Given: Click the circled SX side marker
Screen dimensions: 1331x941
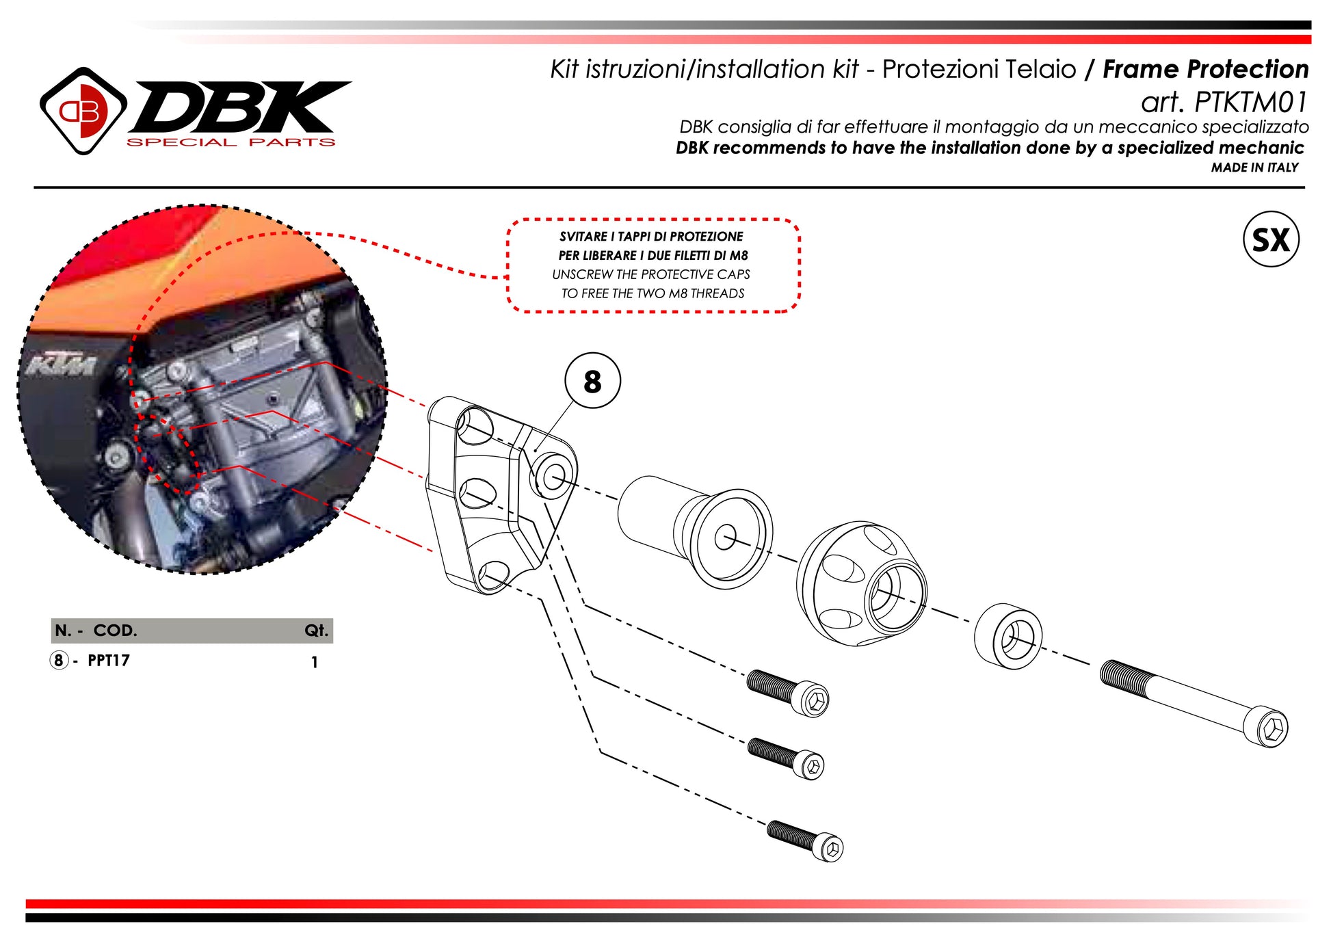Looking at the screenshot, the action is (x=1270, y=239).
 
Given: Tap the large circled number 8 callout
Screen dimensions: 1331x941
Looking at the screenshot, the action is (x=592, y=380).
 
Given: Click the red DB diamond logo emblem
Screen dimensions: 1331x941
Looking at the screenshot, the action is (x=83, y=111).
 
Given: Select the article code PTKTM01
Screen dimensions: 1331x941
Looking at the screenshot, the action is (x=1250, y=103).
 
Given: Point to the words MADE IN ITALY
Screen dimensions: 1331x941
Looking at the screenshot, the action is (x=1254, y=168).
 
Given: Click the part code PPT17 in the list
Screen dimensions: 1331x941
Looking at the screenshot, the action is (x=109, y=661).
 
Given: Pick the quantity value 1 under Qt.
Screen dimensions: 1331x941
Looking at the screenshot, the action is (x=314, y=662).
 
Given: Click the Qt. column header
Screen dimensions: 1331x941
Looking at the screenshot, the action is (x=317, y=631).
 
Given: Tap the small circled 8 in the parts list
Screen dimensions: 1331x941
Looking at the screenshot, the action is (x=59, y=661).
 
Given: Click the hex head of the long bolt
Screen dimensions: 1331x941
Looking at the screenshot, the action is (x=1272, y=729).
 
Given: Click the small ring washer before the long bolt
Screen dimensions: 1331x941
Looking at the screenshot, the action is (x=1008, y=636).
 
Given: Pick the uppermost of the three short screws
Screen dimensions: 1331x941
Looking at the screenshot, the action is (x=787, y=693).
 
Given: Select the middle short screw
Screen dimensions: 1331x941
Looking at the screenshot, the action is (x=786, y=758).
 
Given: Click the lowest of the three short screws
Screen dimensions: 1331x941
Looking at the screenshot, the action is (x=805, y=840).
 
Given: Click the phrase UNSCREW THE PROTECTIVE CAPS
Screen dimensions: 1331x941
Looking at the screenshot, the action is (x=650, y=274).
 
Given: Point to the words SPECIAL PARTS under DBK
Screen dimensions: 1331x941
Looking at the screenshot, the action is (x=231, y=142).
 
